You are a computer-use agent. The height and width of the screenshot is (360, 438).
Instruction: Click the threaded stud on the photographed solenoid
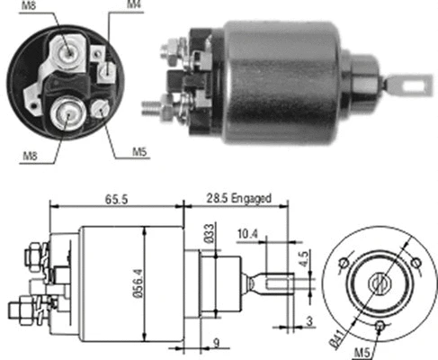[x=152, y=106]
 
